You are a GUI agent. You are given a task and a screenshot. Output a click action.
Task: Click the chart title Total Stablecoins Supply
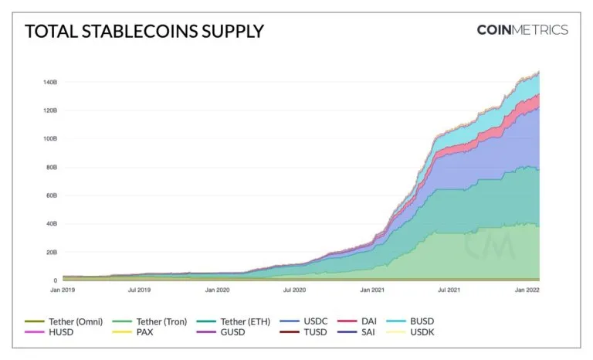click(144, 32)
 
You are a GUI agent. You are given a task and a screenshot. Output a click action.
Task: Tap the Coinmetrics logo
click(522, 30)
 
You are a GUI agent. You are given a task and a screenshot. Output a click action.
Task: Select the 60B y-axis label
click(49, 195)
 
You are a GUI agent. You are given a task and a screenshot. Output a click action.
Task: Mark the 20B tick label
click(49, 253)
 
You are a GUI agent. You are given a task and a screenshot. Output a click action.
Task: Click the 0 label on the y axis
click(55, 280)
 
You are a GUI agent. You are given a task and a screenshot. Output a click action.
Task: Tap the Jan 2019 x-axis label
click(63, 290)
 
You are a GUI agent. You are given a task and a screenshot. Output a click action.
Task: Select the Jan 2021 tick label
click(372, 290)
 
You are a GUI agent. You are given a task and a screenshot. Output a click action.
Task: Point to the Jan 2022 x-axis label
click(527, 290)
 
